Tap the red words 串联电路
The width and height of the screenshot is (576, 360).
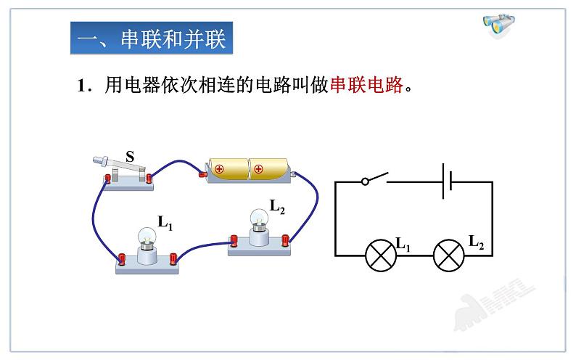pyautogui.click(x=366, y=86)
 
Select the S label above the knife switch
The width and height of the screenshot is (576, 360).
pyautogui.click(x=130, y=156)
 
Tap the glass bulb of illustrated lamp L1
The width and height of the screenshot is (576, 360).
pyautogui.click(x=147, y=237)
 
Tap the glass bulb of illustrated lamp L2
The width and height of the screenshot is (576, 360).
pyautogui.click(x=258, y=219)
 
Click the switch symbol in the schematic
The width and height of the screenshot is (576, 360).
pyautogui.click(x=374, y=179)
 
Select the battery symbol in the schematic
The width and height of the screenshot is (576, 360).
pyautogui.click(x=448, y=181)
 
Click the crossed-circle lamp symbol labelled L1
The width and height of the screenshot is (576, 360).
pyautogui.click(x=379, y=255)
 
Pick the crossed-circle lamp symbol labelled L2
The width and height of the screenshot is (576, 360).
pyautogui.click(x=448, y=255)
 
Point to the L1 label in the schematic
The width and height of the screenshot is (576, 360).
pyautogui.click(x=403, y=244)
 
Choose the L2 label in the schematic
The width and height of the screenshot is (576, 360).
pyautogui.click(x=475, y=242)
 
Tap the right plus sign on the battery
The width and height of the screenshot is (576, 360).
pyautogui.click(x=258, y=170)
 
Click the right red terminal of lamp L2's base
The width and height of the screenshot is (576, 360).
pyautogui.click(x=285, y=239)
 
